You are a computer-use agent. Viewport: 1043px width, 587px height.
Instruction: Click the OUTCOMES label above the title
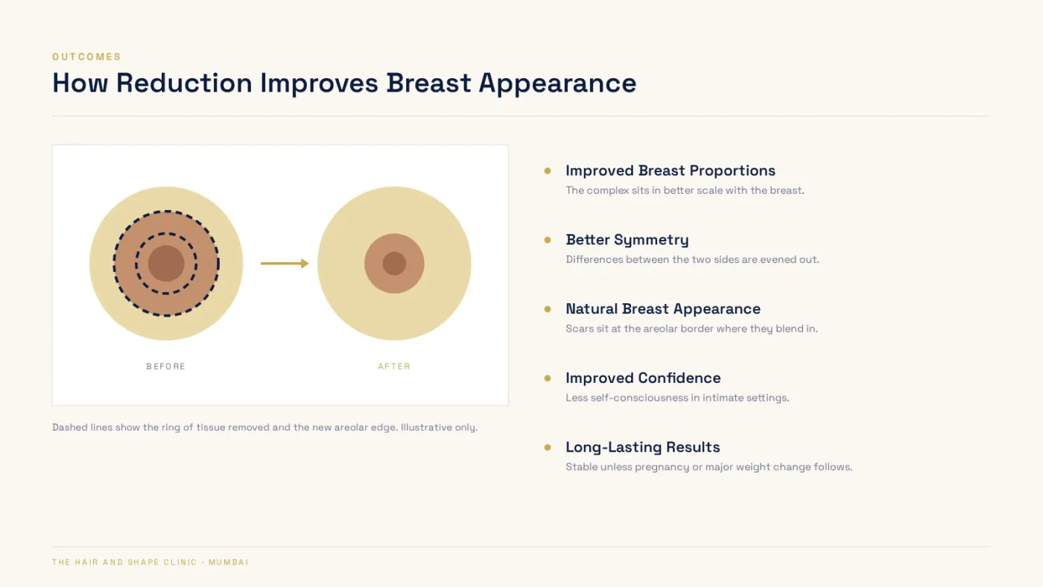click(86, 57)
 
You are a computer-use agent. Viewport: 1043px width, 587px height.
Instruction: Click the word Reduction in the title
click(184, 83)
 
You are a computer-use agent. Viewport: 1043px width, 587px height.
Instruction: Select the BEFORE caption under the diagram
click(165, 367)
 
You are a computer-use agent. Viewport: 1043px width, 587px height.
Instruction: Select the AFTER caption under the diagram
click(394, 367)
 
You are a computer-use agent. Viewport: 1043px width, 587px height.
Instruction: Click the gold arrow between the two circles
click(285, 264)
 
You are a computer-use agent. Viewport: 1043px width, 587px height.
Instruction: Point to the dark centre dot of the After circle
click(394, 264)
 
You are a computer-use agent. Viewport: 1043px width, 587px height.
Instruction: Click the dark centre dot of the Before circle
click(166, 264)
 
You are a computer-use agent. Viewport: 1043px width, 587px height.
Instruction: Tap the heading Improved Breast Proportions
click(670, 171)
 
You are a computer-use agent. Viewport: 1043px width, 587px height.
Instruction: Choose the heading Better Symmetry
click(627, 240)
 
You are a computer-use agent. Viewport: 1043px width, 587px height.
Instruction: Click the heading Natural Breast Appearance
click(663, 308)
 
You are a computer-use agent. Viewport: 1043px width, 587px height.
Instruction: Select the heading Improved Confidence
click(643, 378)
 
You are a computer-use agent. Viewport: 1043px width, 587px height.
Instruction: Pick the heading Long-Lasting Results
click(642, 447)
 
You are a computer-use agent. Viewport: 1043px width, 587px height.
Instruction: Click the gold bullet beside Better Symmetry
click(548, 240)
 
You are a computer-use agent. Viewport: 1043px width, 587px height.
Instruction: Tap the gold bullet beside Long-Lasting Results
click(548, 448)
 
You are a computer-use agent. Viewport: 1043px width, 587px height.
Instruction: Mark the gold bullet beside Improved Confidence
click(548, 378)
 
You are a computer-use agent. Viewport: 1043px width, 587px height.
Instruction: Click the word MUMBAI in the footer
click(229, 562)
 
